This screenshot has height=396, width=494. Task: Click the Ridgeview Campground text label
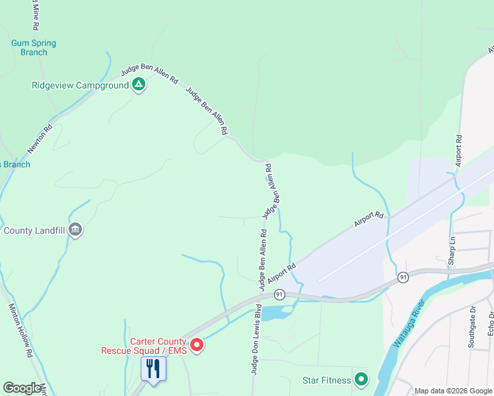click(80, 86)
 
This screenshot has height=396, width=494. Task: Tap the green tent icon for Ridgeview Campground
click(139, 84)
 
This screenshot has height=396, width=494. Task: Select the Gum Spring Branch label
click(34, 48)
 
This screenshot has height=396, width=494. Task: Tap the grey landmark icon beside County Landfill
click(75, 230)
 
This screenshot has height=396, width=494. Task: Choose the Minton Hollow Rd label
click(19, 331)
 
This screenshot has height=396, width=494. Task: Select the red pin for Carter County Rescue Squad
click(196, 345)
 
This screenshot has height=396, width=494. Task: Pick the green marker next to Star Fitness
click(361, 379)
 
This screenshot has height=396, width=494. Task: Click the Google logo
click(22, 388)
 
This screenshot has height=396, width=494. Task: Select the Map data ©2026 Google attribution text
click(453, 391)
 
